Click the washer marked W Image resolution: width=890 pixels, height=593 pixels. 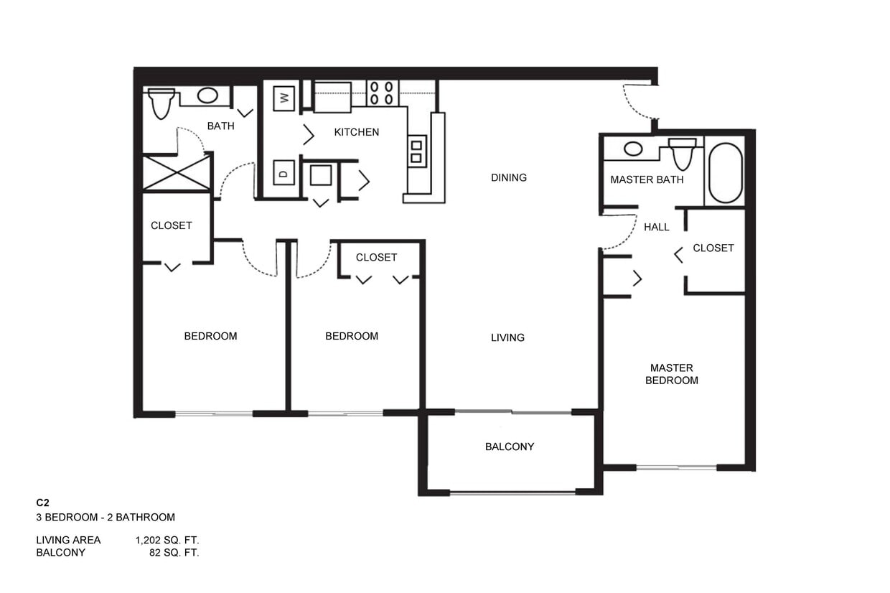pyautogui.click(x=284, y=98)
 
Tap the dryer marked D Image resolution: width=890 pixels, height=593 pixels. pyautogui.click(x=284, y=173)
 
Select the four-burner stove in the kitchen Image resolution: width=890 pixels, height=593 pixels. pyautogui.click(x=382, y=93)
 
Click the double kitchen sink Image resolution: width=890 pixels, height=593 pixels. pyautogui.click(x=416, y=151)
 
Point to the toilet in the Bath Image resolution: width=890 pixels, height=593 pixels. pyautogui.click(x=161, y=103)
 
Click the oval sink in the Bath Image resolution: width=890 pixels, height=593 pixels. pyautogui.click(x=207, y=95)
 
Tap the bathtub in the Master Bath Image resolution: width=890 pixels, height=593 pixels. pyautogui.click(x=726, y=173)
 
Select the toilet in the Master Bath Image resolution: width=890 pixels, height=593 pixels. pyautogui.click(x=682, y=154)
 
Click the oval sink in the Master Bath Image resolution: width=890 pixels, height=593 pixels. pyautogui.click(x=633, y=149)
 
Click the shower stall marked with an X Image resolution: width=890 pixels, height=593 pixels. pyautogui.click(x=177, y=172)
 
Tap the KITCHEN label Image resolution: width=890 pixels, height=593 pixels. pyautogui.click(x=357, y=132)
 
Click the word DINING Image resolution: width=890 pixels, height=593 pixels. pyautogui.click(x=509, y=177)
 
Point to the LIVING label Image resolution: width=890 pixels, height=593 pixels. pyautogui.click(x=507, y=337)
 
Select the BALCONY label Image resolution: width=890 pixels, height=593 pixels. pyautogui.click(x=510, y=447)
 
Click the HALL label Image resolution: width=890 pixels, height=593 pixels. pyautogui.click(x=656, y=227)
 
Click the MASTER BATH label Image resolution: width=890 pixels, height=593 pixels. pyautogui.click(x=647, y=179)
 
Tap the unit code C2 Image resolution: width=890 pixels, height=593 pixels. pyautogui.click(x=42, y=503)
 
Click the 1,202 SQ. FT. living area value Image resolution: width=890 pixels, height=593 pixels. pyautogui.click(x=167, y=540)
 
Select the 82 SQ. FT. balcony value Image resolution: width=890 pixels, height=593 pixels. pyautogui.click(x=174, y=553)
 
